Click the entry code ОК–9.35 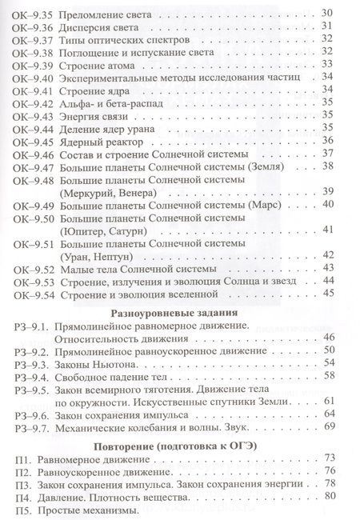tap(30, 13)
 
